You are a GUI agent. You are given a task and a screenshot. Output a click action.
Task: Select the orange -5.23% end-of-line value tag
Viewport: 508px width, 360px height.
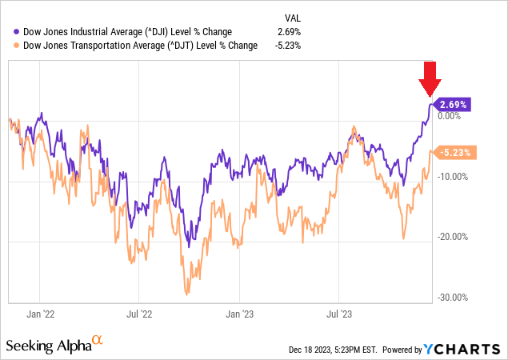(456, 152)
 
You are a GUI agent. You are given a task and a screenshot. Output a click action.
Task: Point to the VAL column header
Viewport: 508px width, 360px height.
(294, 18)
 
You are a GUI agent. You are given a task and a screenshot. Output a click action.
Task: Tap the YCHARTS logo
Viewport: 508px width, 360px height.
(465, 350)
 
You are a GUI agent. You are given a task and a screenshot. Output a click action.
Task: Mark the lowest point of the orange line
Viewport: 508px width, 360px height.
(187, 294)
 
